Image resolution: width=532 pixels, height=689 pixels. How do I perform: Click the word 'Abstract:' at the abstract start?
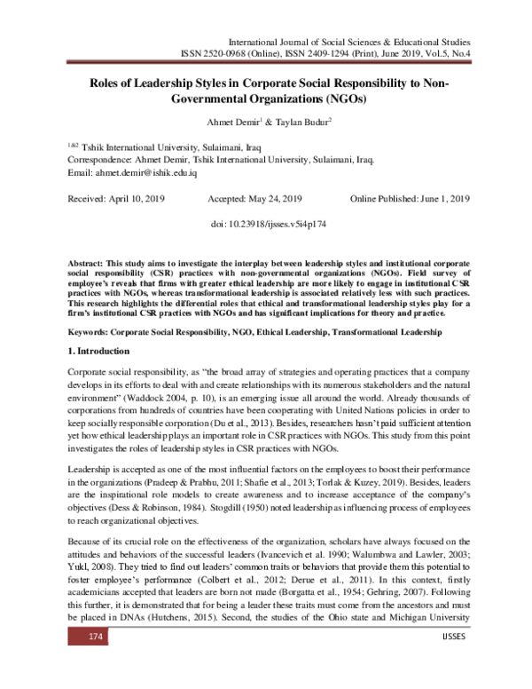pyautogui.click(x=90, y=265)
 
